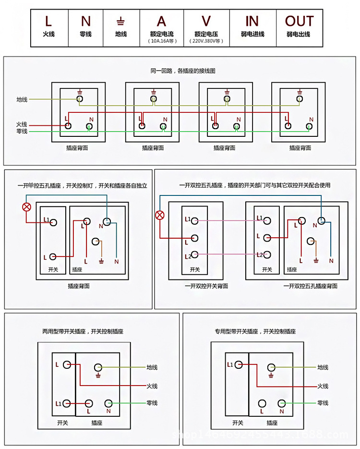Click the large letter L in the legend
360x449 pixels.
pyautogui.click(x=48, y=21)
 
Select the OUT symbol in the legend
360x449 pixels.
pyautogui.click(x=299, y=21)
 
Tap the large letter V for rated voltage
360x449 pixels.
pyautogui.click(x=206, y=21)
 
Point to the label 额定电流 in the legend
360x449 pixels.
pyautogui.click(x=162, y=34)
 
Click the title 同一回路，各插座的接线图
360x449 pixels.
pyautogui.click(x=183, y=71)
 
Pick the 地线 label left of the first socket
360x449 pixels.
pyautogui.click(x=22, y=99)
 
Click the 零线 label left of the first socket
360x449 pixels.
pyautogui.click(x=22, y=131)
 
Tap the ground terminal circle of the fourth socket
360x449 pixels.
pyautogui.click(x=300, y=98)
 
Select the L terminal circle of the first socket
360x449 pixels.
pyautogui.click(x=68, y=126)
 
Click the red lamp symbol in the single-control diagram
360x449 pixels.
pyautogui.click(x=27, y=207)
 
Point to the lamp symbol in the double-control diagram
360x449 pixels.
pyautogui.click(x=160, y=215)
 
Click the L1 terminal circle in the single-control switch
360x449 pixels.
pyautogui.click(x=54, y=222)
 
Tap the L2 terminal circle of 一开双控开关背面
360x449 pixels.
pyautogui.click(x=195, y=255)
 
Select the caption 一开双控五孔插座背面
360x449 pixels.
pyautogui.click(x=310, y=286)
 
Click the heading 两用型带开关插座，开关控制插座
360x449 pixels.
pyautogui.click(x=83, y=331)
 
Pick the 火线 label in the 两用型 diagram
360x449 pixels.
pyautogui.click(x=152, y=386)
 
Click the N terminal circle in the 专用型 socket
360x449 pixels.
pyautogui.click(x=282, y=403)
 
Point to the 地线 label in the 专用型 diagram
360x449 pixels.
pyautogui.click(x=323, y=367)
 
